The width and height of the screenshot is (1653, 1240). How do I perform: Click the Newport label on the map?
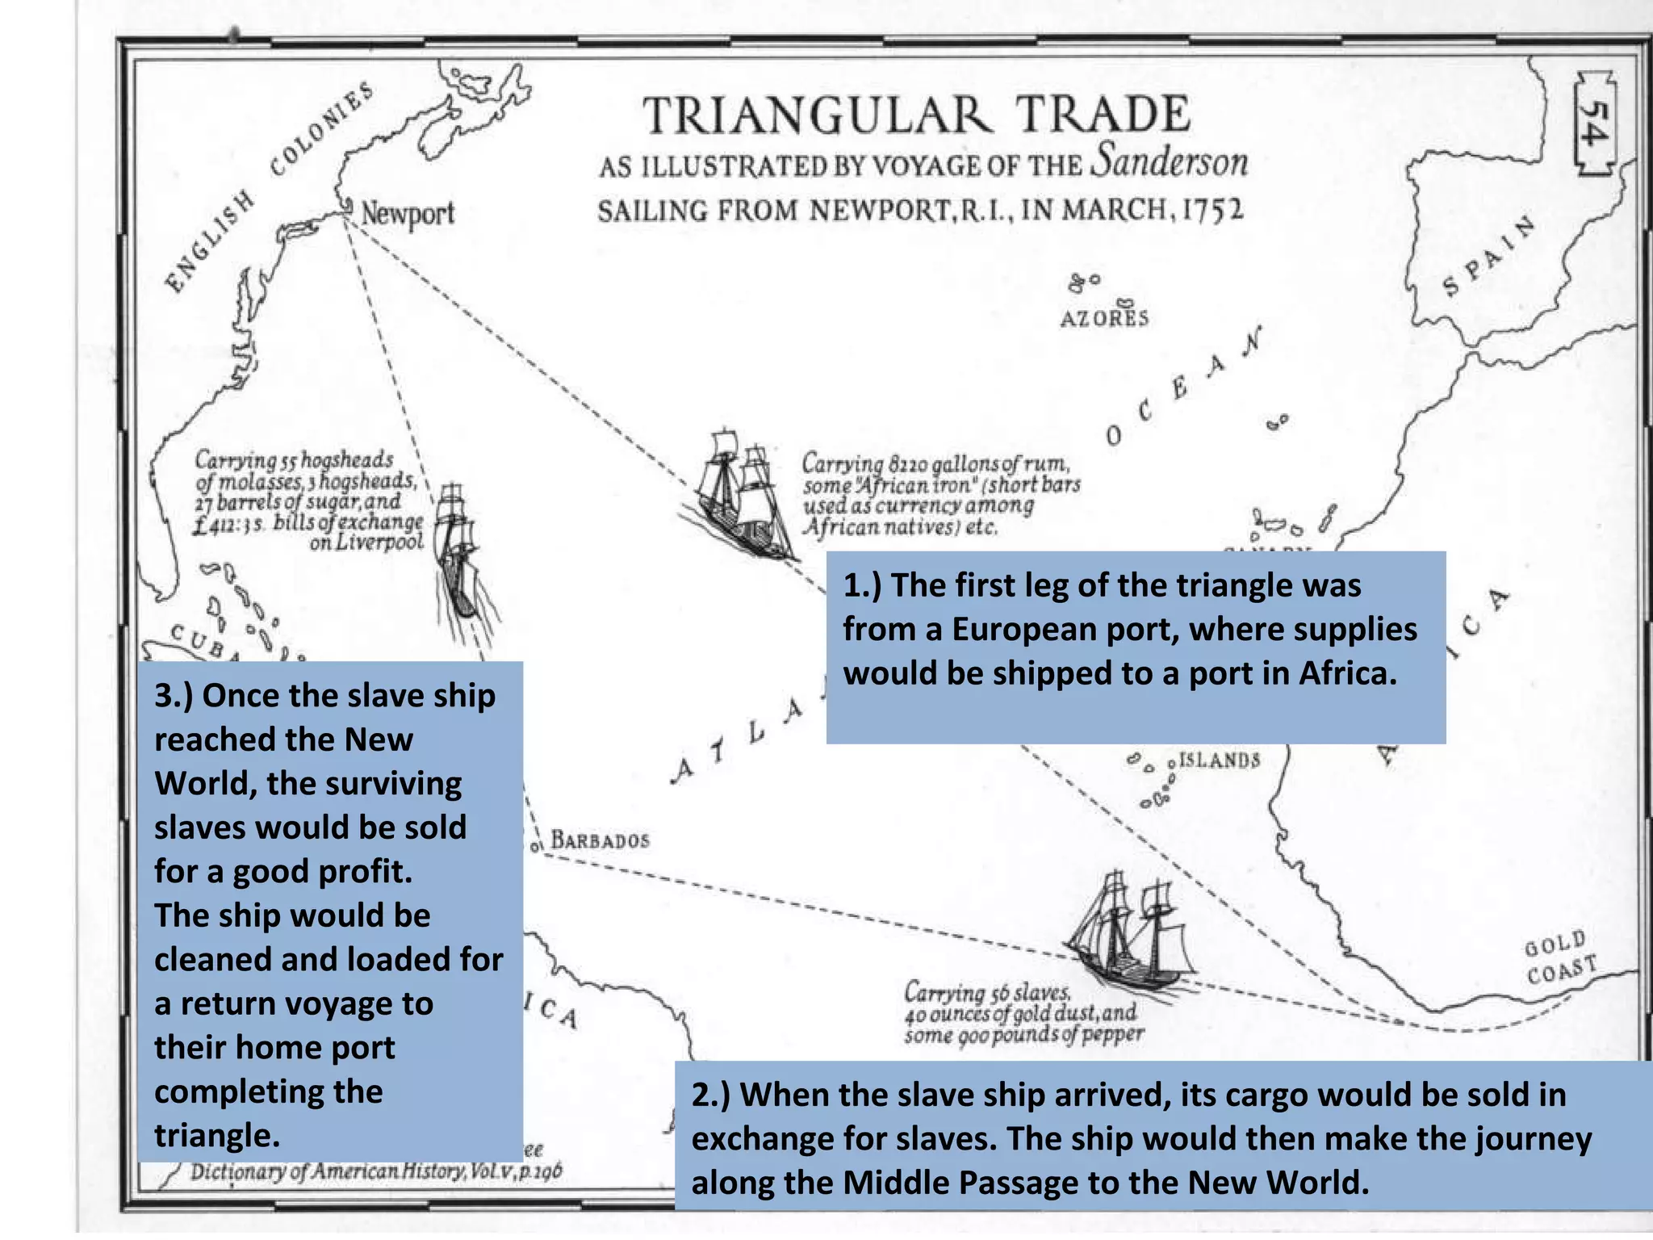pos(407,214)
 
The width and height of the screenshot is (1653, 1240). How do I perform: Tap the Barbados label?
pos(600,840)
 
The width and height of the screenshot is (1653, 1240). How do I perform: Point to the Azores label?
pos(1104,318)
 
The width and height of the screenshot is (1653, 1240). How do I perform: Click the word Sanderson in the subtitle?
pos(1170,161)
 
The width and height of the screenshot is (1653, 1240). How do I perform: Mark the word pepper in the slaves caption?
pos(1114,1034)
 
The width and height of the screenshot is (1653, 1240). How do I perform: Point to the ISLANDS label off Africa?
pos(1219,760)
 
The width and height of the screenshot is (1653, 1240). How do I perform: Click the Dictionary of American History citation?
pos(376,1171)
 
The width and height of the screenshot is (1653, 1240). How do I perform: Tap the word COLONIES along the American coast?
pos(321,129)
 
